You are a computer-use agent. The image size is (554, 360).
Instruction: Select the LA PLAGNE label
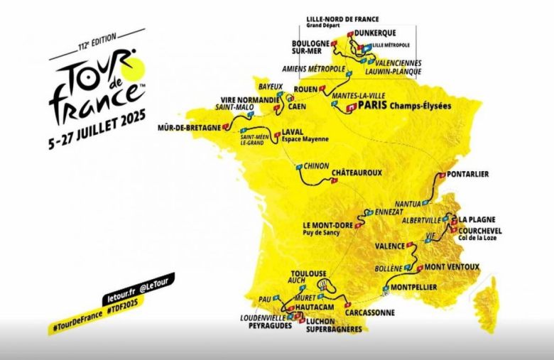477,219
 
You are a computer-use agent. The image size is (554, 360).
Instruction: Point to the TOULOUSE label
308,273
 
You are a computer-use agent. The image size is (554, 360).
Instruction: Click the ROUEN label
305,89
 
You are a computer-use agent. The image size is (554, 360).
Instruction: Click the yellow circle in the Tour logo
133,69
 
